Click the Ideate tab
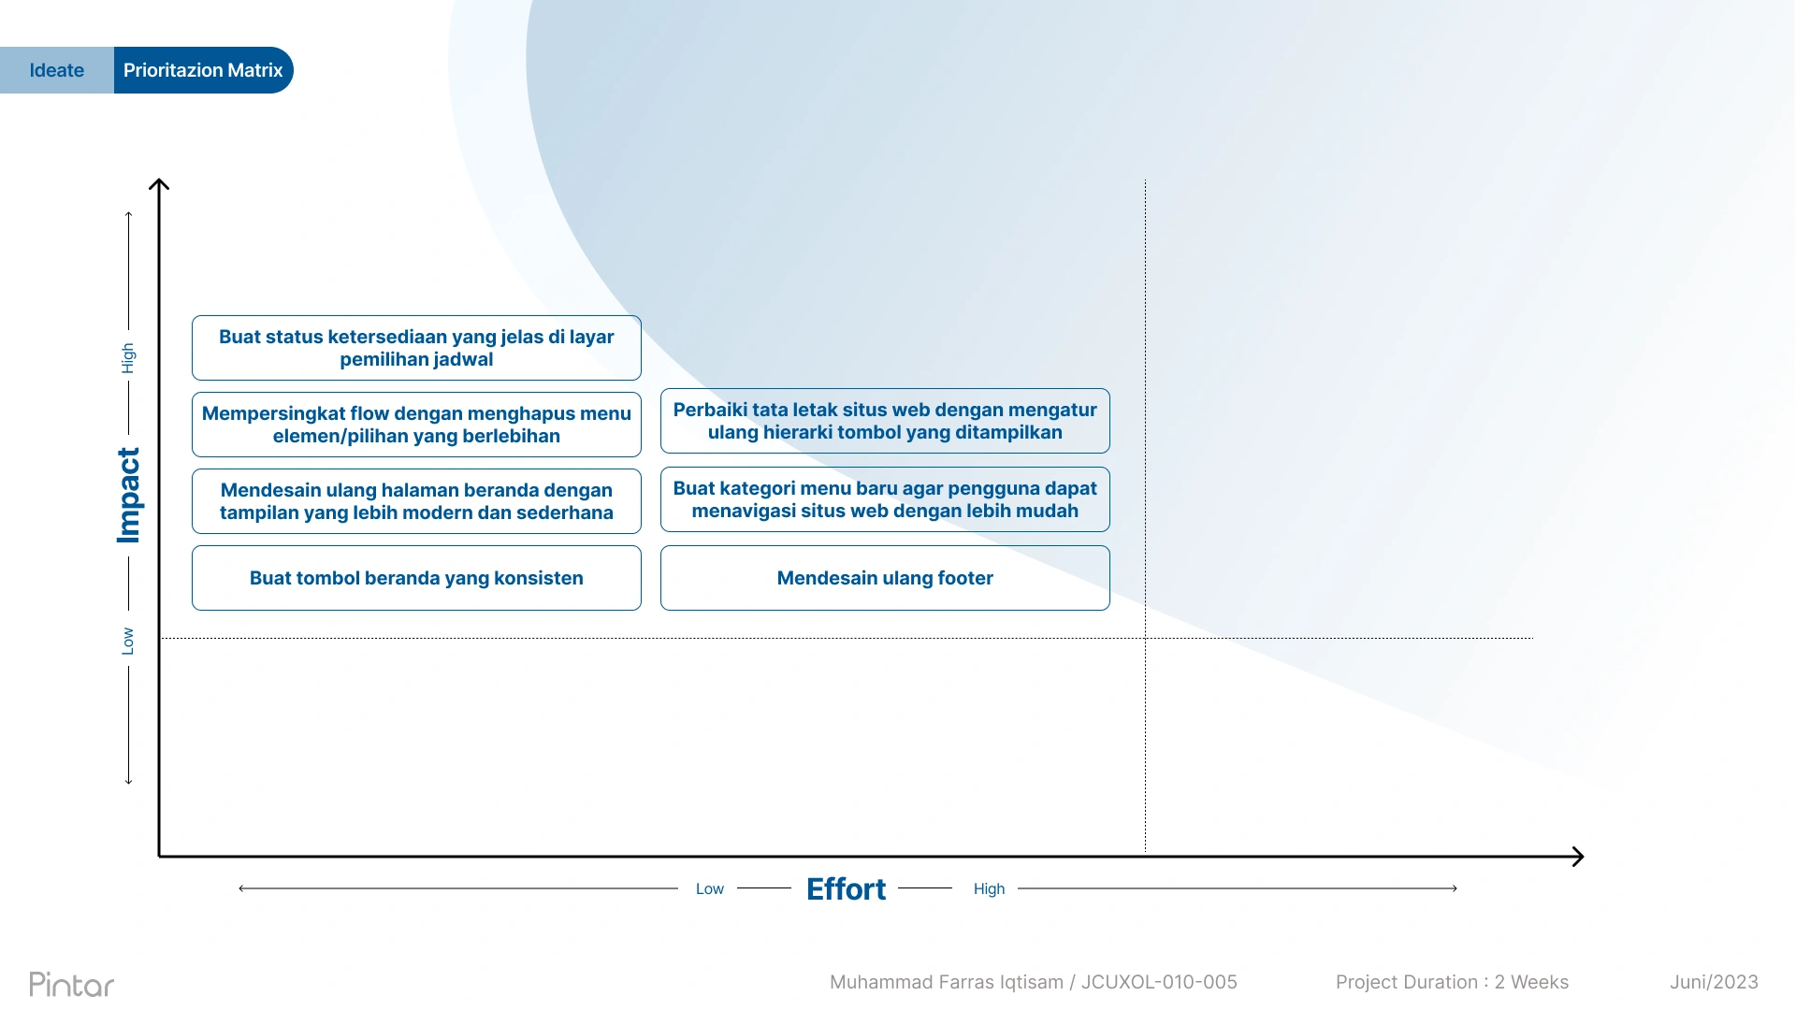(x=57, y=70)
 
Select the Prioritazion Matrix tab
(x=203, y=70)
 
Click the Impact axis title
(x=128, y=496)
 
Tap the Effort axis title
(x=846, y=888)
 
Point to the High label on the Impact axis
(x=128, y=358)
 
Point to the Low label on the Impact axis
(x=128, y=641)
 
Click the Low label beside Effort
(x=710, y=888)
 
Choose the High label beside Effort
(x=989, y=888)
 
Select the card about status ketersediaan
(x=416, y=348)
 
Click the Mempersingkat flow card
(x=416, y=425)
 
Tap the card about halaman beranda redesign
(x=416, y=501)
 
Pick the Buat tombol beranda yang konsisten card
(x=416, y=578)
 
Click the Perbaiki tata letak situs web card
(x=885, y=421)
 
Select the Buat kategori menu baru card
(x=885, y=499)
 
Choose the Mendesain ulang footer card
(x=885, y=578)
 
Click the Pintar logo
(x=72, y=984)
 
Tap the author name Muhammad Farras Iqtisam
(x=947, y=982)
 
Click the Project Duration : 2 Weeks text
(x=1452, y=982)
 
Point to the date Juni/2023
(x=1714, y=982)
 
